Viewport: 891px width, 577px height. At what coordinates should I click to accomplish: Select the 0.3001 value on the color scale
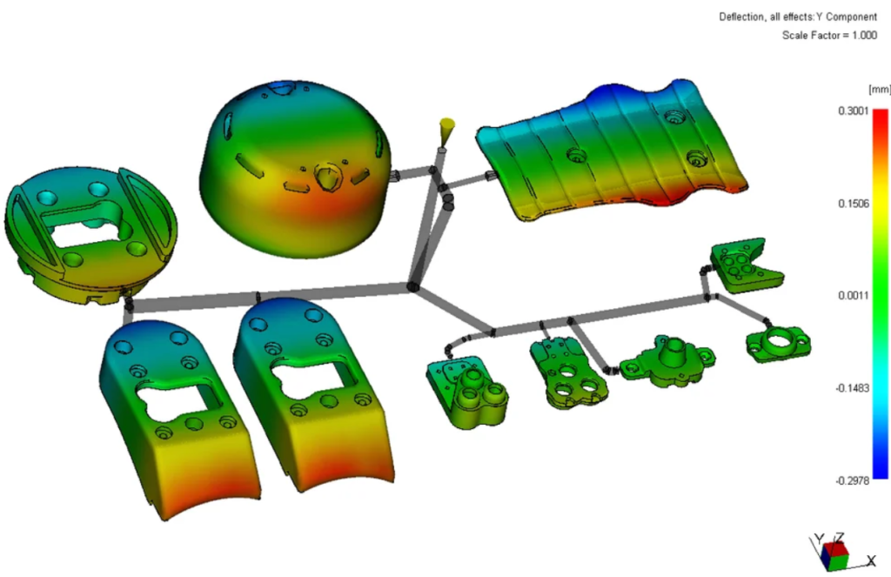tap(854, 111)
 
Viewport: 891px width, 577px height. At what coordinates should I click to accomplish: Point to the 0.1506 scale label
tap(854, 204)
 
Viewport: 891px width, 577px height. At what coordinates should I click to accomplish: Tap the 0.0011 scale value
tap(854, 296)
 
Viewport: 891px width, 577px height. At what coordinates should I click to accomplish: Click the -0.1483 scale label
tap(852, 388)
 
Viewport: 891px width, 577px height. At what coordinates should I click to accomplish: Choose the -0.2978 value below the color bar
tap(852, 481)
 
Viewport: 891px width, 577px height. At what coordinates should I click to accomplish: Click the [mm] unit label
tap(879, 90)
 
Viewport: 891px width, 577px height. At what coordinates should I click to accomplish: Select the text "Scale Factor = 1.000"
tap(829, 35)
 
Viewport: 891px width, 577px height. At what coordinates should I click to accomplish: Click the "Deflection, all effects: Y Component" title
tap(798, 17)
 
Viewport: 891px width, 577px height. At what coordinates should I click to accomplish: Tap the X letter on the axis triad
tap(871, 561)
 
